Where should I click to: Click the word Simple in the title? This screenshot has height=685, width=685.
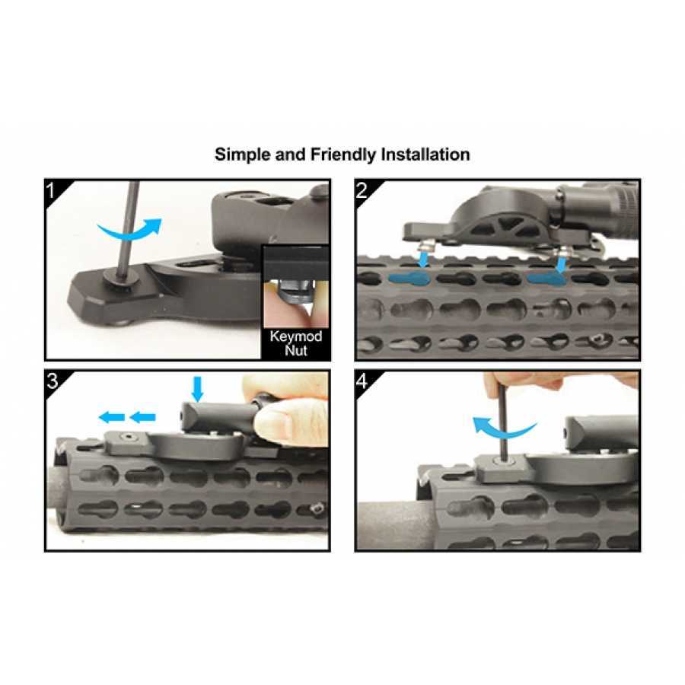(242, 155)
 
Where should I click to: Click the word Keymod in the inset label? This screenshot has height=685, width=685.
(295, 336)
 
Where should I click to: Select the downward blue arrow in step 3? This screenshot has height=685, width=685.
(197, 388)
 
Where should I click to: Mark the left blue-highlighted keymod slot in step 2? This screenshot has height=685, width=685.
(412, 279)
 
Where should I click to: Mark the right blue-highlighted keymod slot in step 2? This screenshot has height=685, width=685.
(546, 279)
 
